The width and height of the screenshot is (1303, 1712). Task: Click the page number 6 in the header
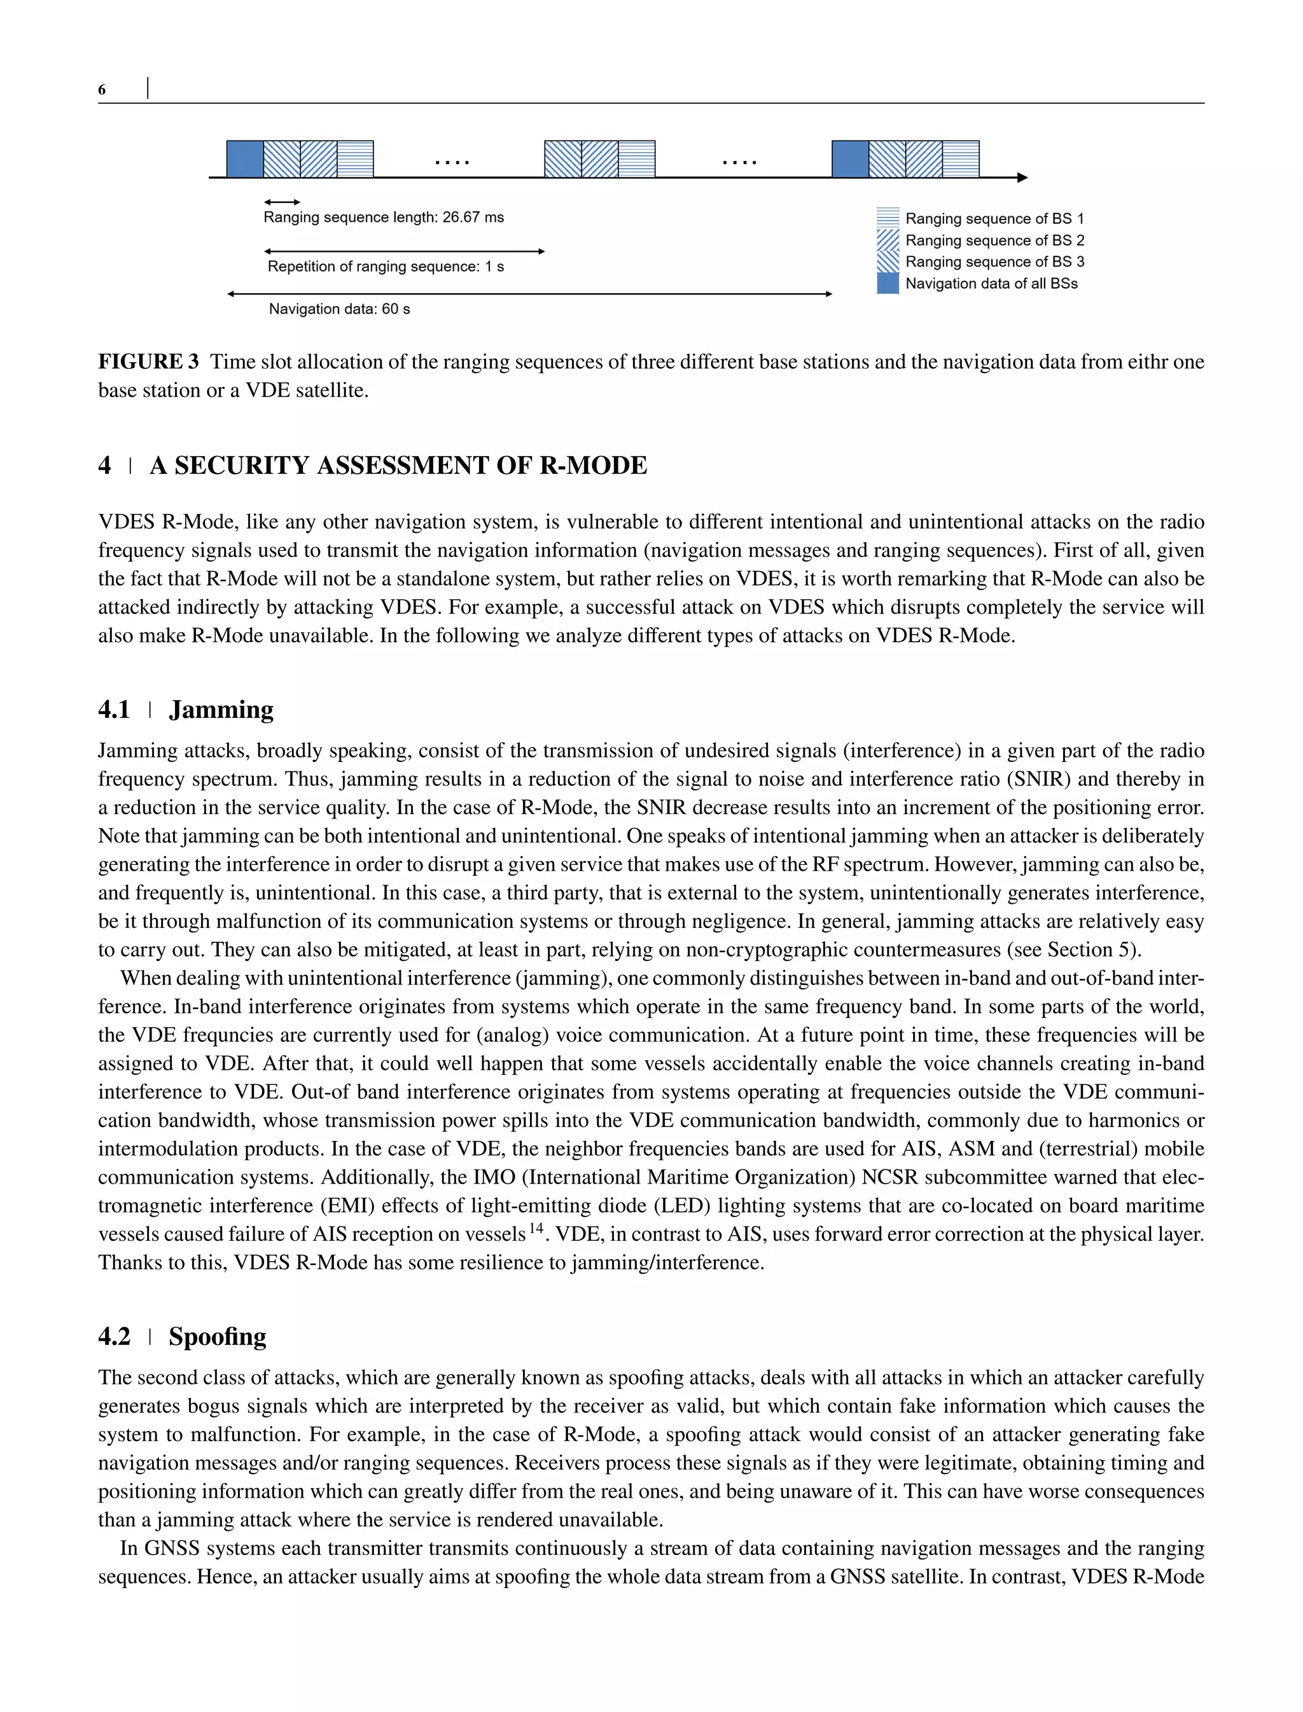(102, 90)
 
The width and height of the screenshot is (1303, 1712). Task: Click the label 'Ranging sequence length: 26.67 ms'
(383, 217)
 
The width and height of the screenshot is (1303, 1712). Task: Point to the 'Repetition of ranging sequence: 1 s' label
(386, 266)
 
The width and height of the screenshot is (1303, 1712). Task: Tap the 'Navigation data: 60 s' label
(339, 309)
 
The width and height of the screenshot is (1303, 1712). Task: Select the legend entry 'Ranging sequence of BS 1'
(994, 219)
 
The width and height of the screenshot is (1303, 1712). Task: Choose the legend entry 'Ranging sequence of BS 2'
(994, 240)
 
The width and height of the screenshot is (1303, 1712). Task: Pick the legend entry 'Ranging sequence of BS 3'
(994, 262)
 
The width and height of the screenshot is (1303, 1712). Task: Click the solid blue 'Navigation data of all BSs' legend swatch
(888, 284)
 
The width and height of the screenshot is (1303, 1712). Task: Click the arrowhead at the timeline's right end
(1022, 177)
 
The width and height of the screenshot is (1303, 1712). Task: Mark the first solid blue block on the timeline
(245, 159)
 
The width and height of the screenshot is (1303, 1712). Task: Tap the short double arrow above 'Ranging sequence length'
(282, 202)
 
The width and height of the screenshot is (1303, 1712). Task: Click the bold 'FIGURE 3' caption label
(148, 362)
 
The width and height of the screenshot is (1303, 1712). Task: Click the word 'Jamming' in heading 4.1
(221, 710)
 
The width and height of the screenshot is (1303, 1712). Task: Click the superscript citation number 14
(537, 1228)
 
